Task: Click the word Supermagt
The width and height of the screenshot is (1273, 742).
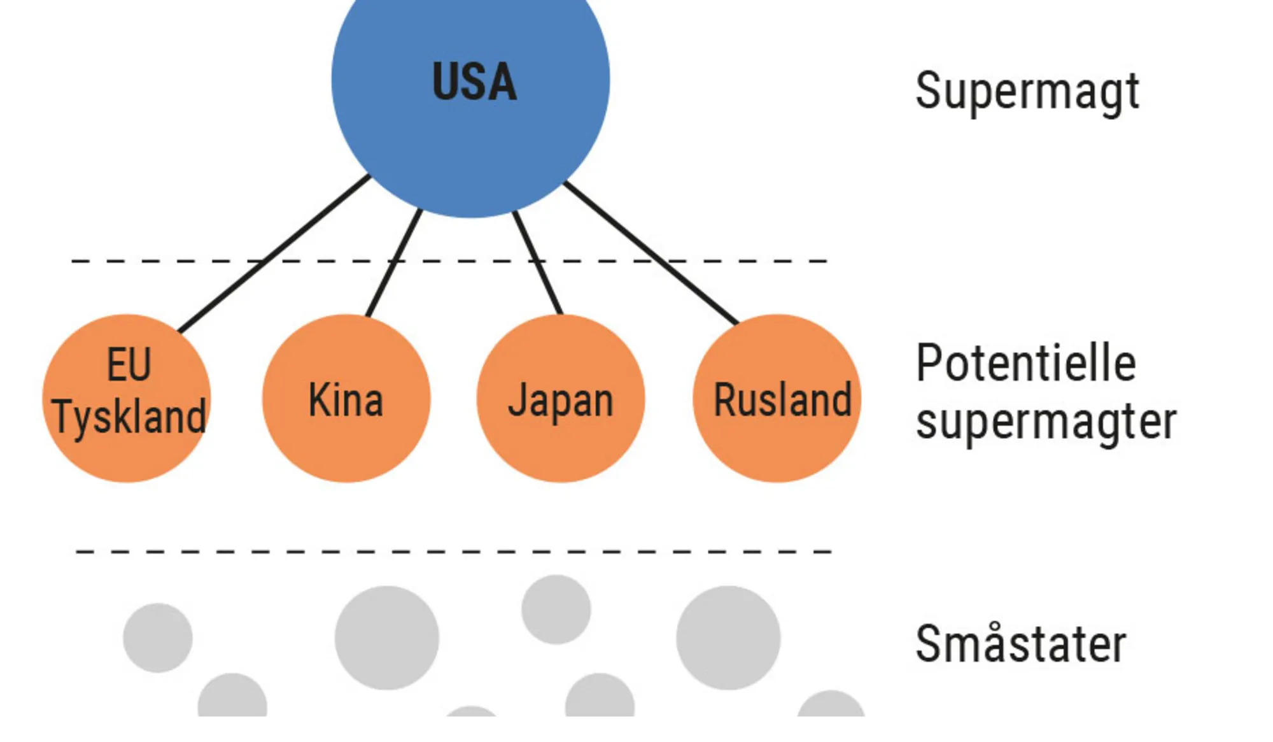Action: pyautogui.click(x=1027, y=92)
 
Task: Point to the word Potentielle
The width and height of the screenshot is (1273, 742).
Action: pyautogui.click(x=1025, y=363)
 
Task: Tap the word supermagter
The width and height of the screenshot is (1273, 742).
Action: pyautogui.click(x=1046, y=422)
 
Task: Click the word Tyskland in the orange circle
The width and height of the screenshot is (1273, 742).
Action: pyautogui.click(x=129, y=417)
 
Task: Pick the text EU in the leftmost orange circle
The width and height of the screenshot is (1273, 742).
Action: pyautogui.click(x=129, y=364)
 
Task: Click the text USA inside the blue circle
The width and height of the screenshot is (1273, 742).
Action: pyautogui.click(x=474, y=82)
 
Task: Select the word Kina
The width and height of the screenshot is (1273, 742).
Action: pyautogui.click(x=346, y=400)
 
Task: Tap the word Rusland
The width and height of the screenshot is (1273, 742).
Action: pyautogui.click(x=782, y=400)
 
